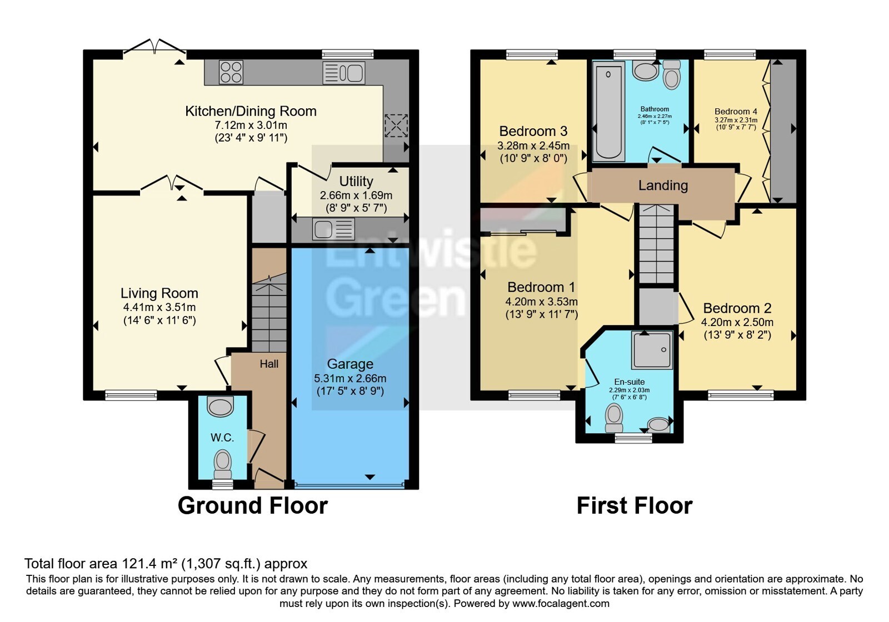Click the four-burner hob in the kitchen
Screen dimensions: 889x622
point(231,72)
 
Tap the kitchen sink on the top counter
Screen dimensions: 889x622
point(344,73)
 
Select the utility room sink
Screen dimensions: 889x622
point(333,229)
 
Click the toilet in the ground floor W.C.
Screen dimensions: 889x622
point(223,464)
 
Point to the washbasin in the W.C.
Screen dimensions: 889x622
point(220,407)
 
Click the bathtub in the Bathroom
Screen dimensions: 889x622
point(608,112)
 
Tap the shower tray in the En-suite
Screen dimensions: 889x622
point(652,350)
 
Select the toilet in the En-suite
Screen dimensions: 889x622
point(614,418)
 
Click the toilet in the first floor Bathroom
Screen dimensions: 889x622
point(672,74)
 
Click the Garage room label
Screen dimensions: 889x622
point(350,364)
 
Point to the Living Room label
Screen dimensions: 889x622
point(159,293)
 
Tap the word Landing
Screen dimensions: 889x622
point(663,185)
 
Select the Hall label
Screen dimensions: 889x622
point(269,364)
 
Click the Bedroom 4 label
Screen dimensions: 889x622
point(736,112)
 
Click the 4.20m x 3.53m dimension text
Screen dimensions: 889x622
point(541,302)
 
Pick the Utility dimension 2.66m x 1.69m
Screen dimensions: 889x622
point(356,195)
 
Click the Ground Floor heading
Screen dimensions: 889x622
point(253,506)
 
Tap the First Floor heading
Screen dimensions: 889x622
point(634,506)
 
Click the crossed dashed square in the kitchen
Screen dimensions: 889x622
point(396,126)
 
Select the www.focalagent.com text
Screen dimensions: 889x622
point(561,603)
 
